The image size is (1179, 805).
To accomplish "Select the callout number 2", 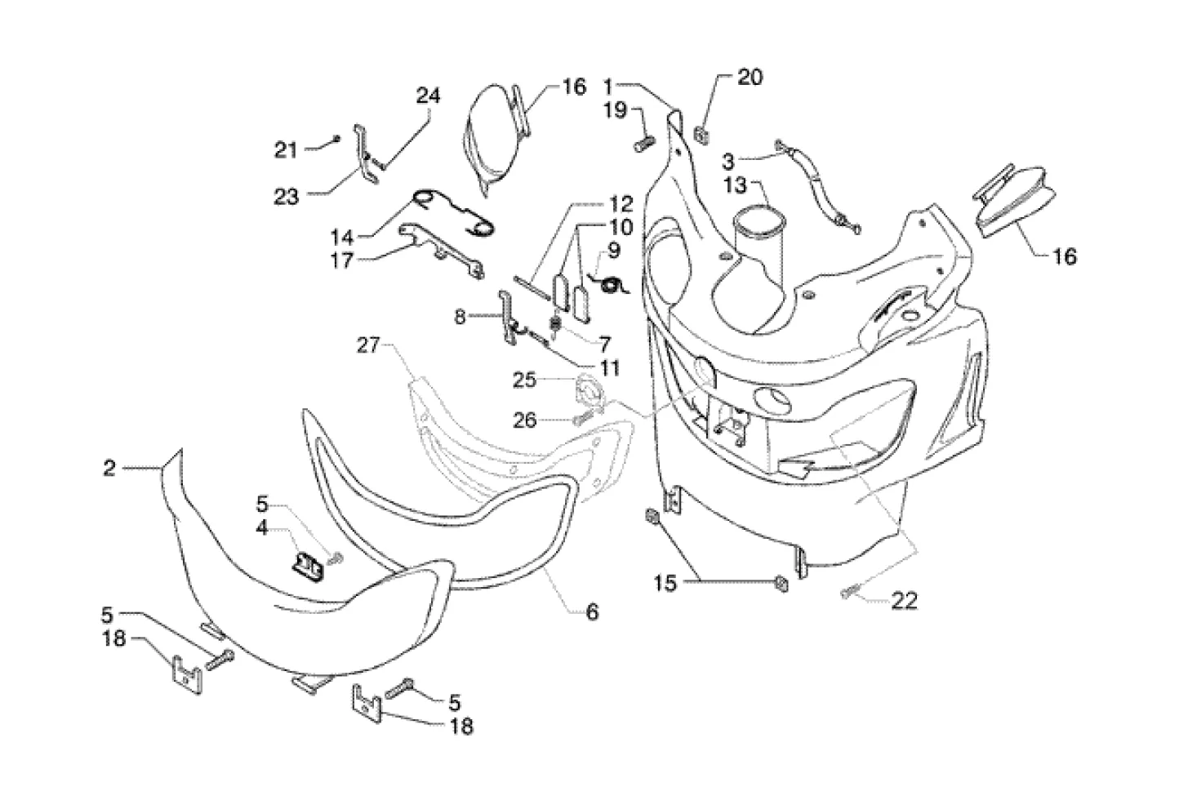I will [x=109, y=469].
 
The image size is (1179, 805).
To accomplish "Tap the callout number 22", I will [x=903, y=602].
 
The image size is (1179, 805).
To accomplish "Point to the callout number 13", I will [x=736, y=185].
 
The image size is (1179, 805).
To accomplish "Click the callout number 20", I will [x=750, y=78].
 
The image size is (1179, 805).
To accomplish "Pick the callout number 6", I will [x=592, y=611].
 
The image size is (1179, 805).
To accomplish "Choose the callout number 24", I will [x=428, y=96].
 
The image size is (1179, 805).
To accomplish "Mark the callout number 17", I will [x=343, y=261].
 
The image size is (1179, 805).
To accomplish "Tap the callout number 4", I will [x=261, y=528].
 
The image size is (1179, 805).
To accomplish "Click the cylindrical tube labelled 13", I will [x=758, y=237].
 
